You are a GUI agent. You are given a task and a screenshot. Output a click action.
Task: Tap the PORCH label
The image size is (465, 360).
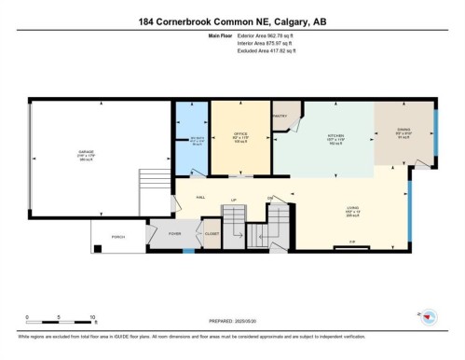118,238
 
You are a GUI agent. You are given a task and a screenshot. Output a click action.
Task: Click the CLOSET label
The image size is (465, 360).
213,234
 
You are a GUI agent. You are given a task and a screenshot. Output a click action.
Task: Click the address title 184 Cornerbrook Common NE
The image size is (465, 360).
232,20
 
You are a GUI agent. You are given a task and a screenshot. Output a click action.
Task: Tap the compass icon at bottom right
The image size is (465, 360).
431,316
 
